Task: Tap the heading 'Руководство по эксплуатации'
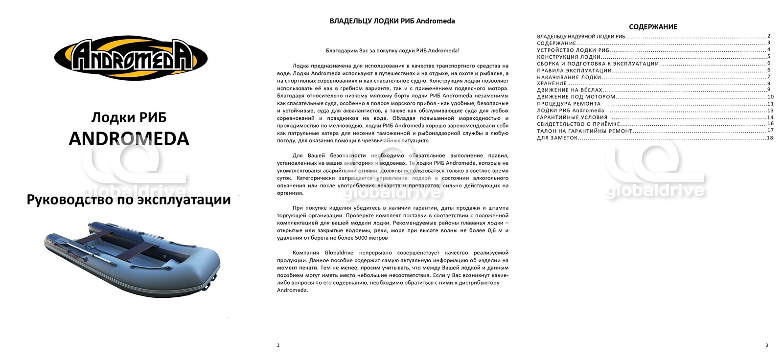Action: (129, 200)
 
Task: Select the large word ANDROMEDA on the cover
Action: (129, 138)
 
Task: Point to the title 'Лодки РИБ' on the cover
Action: (129, 117)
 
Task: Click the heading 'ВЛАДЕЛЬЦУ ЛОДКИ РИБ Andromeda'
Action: (392, 21)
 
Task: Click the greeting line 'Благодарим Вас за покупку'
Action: (392, 50)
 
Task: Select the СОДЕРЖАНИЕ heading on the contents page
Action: (653, 27)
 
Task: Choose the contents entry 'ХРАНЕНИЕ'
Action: (552, 84)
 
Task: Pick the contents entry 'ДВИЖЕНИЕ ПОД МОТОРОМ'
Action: (576, 97)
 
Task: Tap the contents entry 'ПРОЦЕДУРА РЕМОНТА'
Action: (569, 104)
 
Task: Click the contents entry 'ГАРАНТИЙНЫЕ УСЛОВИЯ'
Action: (572, 117)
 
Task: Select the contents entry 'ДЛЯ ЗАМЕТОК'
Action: (557, 138)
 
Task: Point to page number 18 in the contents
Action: (770, 138)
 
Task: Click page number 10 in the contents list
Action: (770, 97)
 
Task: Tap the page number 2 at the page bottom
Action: (278, 345)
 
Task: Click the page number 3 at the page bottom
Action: (766, 345)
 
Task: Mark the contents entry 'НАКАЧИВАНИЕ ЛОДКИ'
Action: (569, 77)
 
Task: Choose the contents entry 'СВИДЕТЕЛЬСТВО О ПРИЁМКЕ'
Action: (578, 124)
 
